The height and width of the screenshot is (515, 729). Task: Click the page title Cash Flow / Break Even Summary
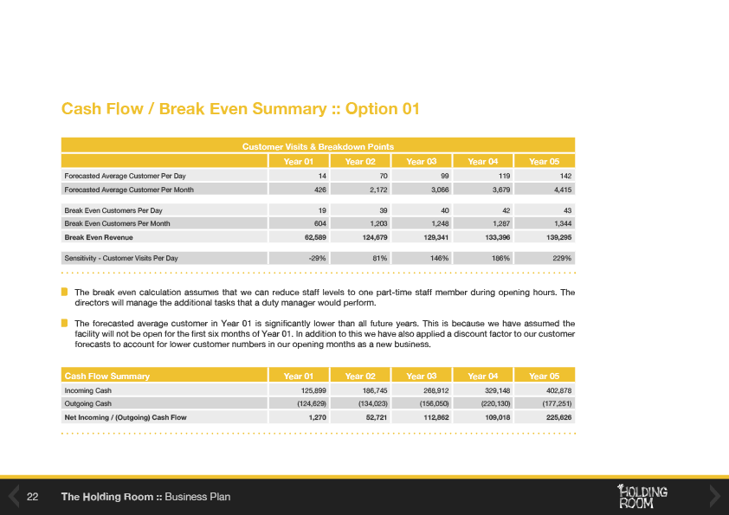pyautogui.click(x=240, y=109)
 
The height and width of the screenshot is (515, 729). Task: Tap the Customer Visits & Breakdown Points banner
pyautogui.click(x=318, y=146)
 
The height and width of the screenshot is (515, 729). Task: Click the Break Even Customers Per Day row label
pyautogui.click(x=113, y=210)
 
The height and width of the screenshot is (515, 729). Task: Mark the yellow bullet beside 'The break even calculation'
pyautogui.click(x=64, y=292)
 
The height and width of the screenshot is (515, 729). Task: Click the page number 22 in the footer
pyautogui.click(x=34, y=497)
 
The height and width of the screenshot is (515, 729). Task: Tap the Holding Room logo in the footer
pyautogui.click(x=642, y=496)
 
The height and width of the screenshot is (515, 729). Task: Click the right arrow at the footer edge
pyautogui.click(x=715, y=496)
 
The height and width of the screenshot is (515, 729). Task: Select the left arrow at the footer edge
pyautogui.click(x=13, y=496)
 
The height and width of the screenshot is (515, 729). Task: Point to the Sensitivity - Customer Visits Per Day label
pyautogui.click(x=121, y=258)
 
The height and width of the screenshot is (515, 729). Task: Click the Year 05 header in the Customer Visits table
pyautogui.click(x=545, y=160)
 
